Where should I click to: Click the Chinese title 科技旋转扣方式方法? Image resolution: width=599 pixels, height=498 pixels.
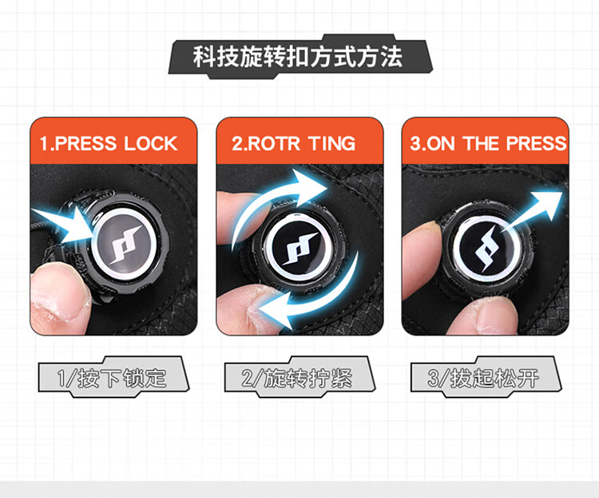click(298, 57)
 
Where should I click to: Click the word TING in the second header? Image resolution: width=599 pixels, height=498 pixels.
click(332, 143)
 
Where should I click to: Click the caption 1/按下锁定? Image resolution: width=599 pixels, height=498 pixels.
click(112, 378)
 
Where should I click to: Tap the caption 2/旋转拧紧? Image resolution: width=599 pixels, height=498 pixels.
click(297, 378)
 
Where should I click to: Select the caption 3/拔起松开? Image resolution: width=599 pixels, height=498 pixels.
click(483, 378)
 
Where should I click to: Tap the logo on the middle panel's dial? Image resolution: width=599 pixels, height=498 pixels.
click(299, 249)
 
